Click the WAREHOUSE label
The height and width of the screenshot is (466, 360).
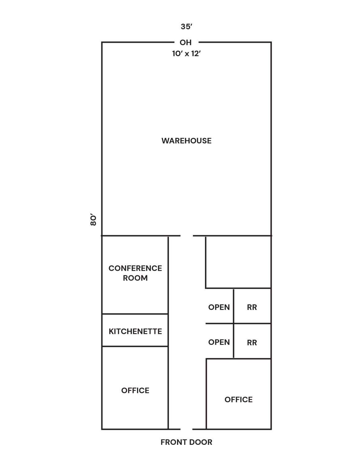pyautogui.click(x=186, y=141)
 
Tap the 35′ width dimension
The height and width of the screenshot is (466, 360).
pyautogui.click(x=186, y=27)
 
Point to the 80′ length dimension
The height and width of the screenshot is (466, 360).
pyautogui.click(x=93, y=219)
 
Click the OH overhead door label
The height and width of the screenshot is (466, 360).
pyautogui.click(x=186, y=43)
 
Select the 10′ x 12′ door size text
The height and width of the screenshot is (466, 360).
pyautogui.click(x=186, y=54)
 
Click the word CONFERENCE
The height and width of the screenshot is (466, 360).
pyautogui.click(x=135, y=268)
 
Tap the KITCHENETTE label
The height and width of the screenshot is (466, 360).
pyautogui.click(x=135, y=331)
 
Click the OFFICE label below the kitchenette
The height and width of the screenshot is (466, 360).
pyautogui.click(x=135, y=390)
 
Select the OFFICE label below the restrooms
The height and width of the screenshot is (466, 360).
pyautogui.click(x=239, y=400)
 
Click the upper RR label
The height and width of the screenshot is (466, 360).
pyautogui.click(x=252, y=307)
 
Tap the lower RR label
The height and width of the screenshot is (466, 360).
pyautogui.click(x=252, y=343)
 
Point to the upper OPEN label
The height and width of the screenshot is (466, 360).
pyautogui.click(x=219, y=307)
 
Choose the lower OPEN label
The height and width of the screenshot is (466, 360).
pyautogui.click(x=219, y=342)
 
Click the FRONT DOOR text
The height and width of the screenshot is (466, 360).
pyautogui.click(x=186, y=442)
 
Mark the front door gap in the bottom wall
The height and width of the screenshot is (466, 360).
pyautogui.click(x=186, y=429)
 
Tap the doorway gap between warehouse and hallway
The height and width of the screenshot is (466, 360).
pyautogui.click(x=187, y=236)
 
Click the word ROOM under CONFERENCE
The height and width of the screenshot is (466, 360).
pyautogui.click(x=135, y=278)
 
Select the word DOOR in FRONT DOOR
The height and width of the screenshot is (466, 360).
pyautogui.click(x=200, y=442)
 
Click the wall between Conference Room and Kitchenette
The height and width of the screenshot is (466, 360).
pyautogui.click(x=135, y=314)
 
